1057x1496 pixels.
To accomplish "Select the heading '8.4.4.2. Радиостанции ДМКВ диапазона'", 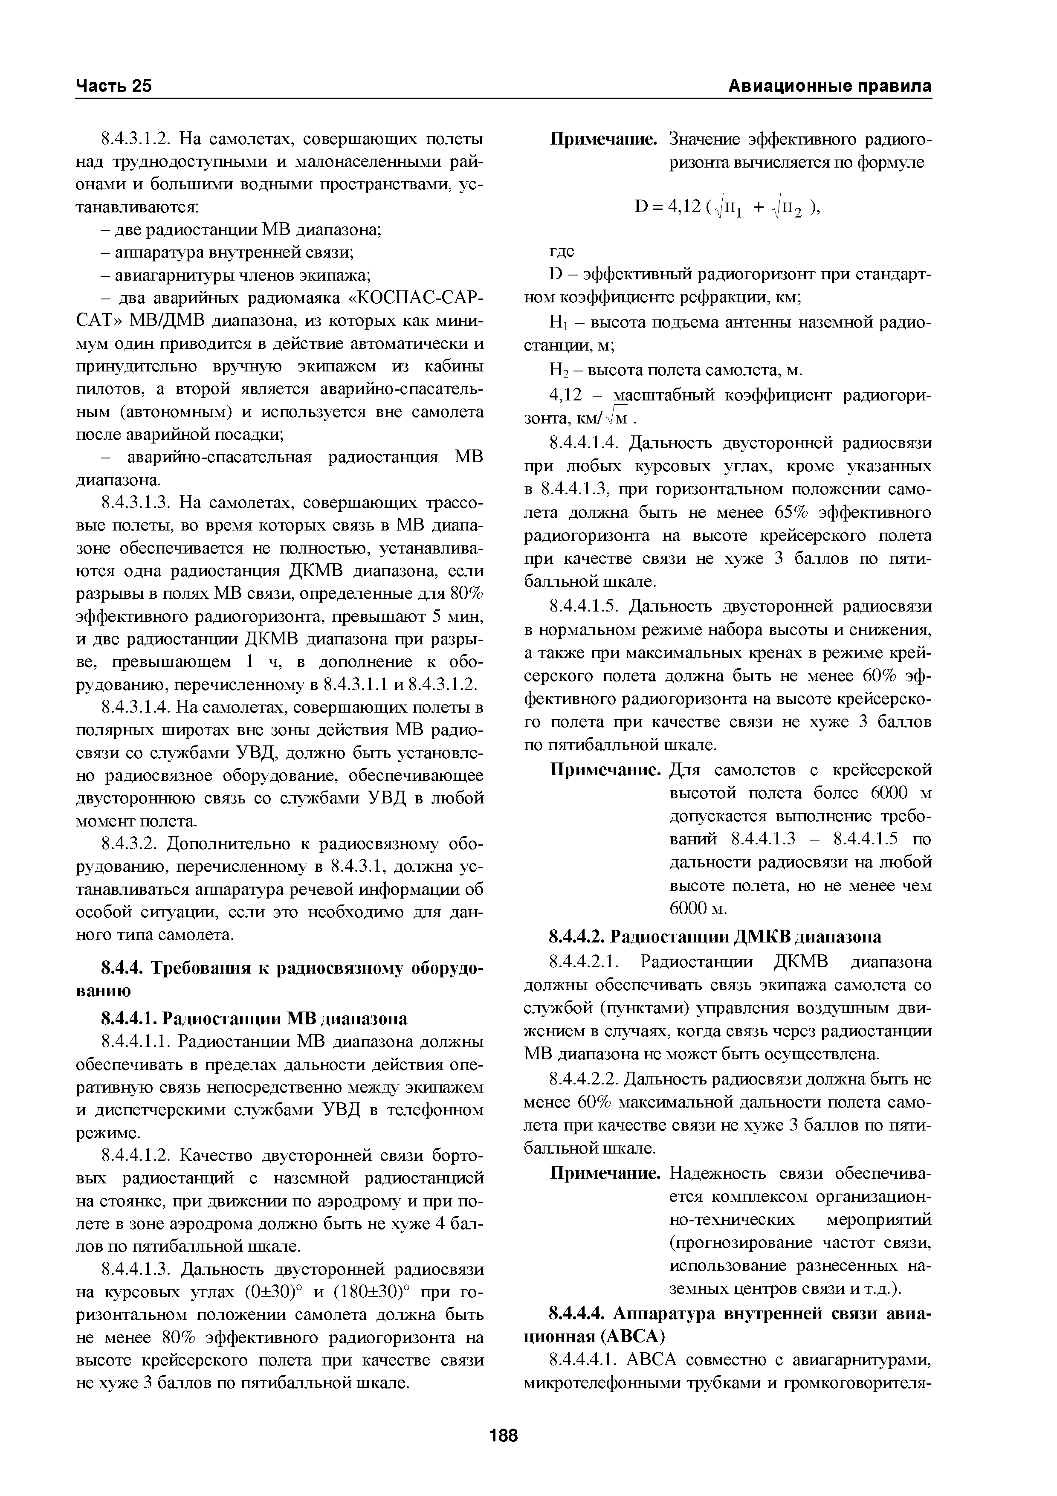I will pyautogui.click(x=715, y=937).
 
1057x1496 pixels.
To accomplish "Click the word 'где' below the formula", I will pyautogui.click(x=562, y=251).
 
